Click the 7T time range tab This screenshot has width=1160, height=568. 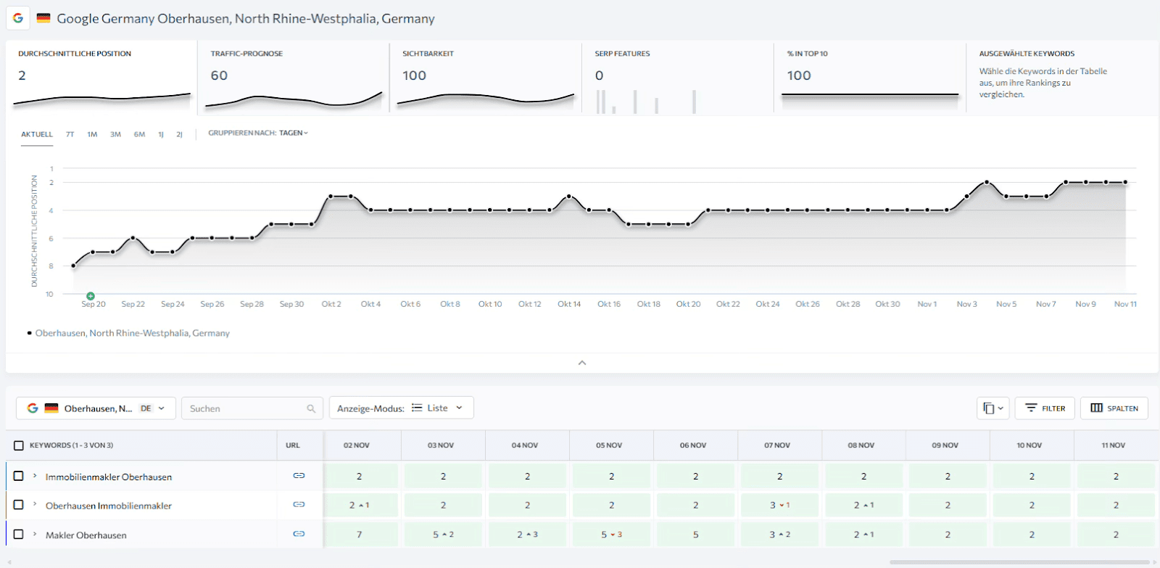70,134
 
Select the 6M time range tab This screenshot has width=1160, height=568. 139,134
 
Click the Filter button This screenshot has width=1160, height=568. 1045,408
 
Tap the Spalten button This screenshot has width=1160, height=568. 1114,408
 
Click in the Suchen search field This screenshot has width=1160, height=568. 246,408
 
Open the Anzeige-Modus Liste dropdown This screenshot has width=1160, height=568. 401,408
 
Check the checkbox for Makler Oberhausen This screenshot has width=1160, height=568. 19,534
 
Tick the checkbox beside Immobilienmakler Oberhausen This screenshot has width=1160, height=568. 19,476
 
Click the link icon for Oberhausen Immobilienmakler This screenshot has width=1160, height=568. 299,505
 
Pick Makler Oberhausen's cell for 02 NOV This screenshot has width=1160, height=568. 359,535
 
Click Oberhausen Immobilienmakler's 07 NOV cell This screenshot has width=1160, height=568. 779,506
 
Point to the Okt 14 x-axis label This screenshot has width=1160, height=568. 569,304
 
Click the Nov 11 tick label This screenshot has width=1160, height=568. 1125,304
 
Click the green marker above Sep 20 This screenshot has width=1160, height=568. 91,296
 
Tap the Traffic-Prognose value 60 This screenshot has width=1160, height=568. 219,75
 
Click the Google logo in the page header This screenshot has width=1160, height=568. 18,18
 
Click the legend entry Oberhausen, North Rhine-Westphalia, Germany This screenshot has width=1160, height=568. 132,333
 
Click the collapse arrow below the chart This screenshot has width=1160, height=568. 581,363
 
